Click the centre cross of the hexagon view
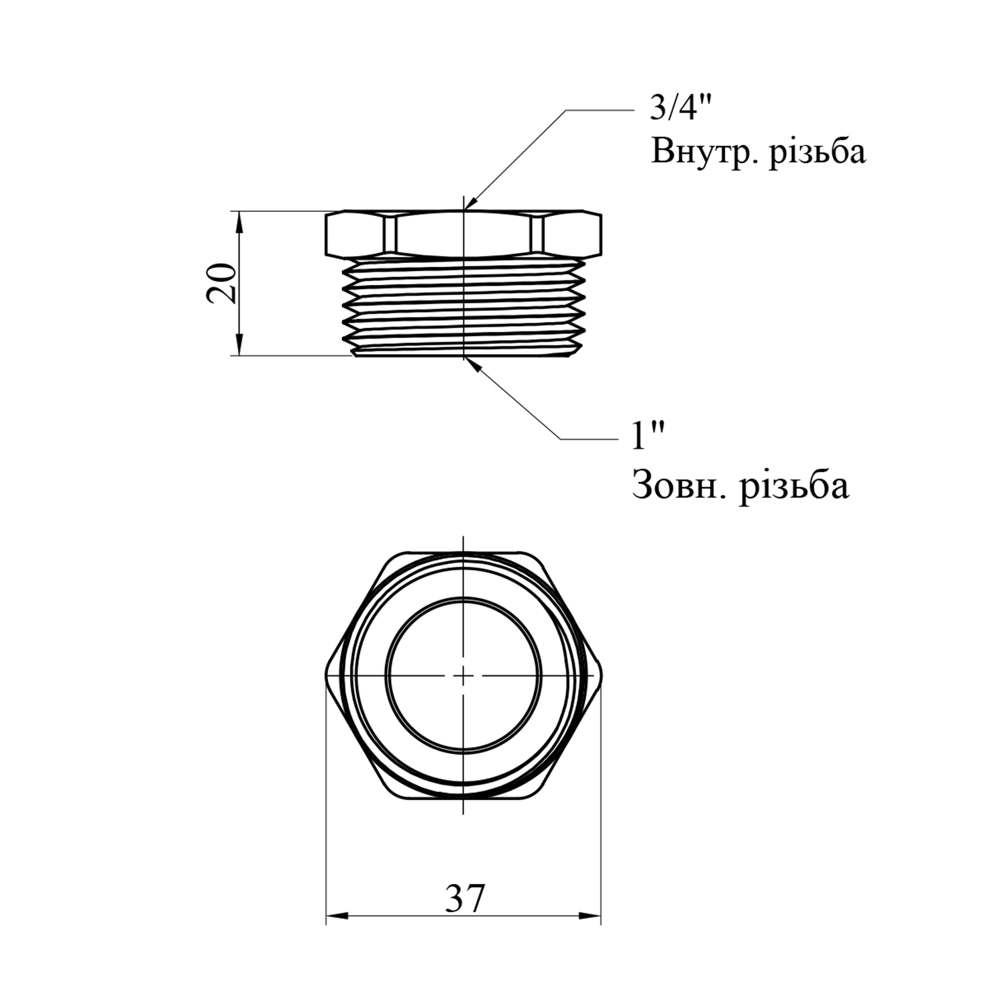(x=463, y=675)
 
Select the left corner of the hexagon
(x=327, y=675)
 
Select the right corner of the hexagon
(x=600, y=675)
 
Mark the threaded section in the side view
(x=463, y=307)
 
